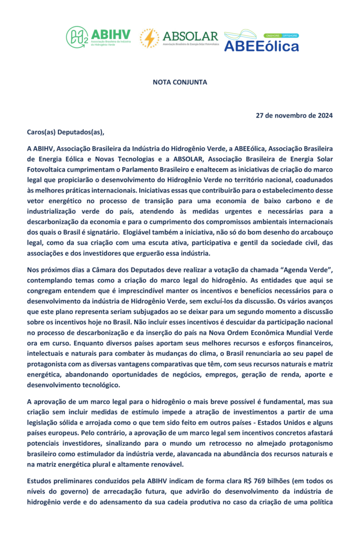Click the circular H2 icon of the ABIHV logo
click(x=77, y=37)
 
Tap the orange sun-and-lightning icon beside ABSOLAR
click(x=149, y=38)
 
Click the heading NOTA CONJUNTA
click(x=180, y=82)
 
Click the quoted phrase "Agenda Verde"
click(x=309, y=269)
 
